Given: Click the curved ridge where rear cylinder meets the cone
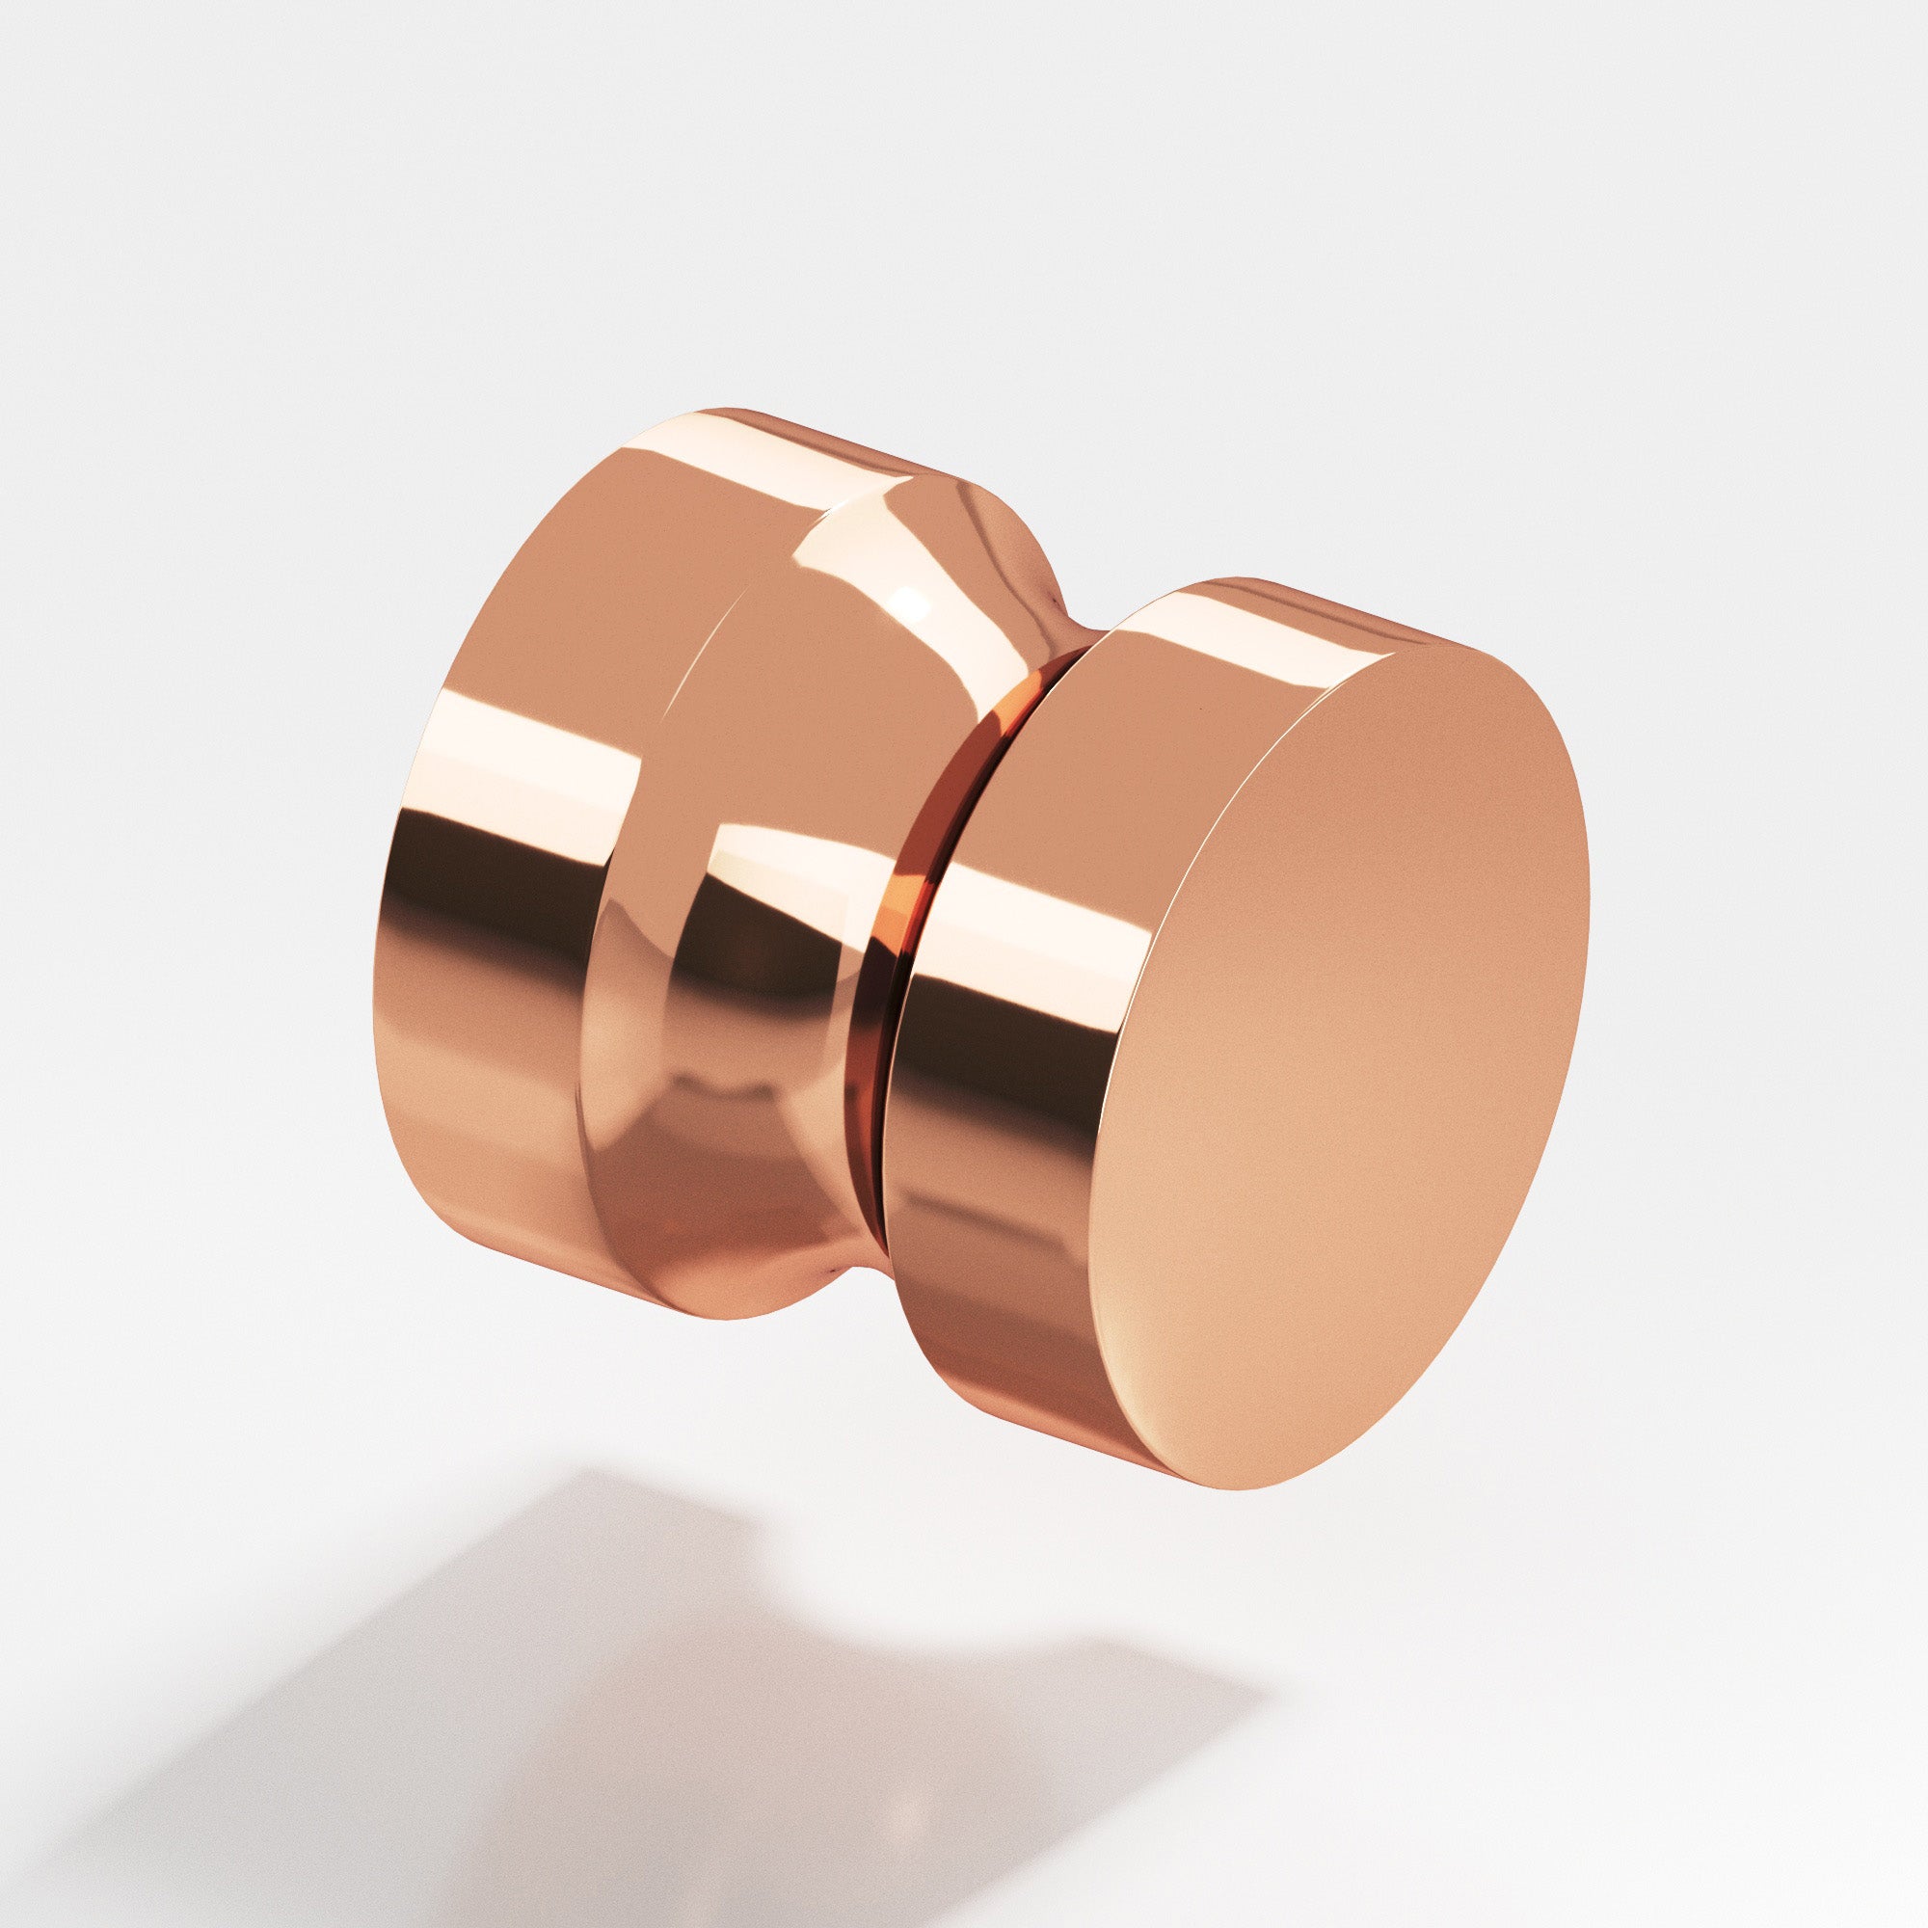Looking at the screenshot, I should (x=639, y=898).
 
